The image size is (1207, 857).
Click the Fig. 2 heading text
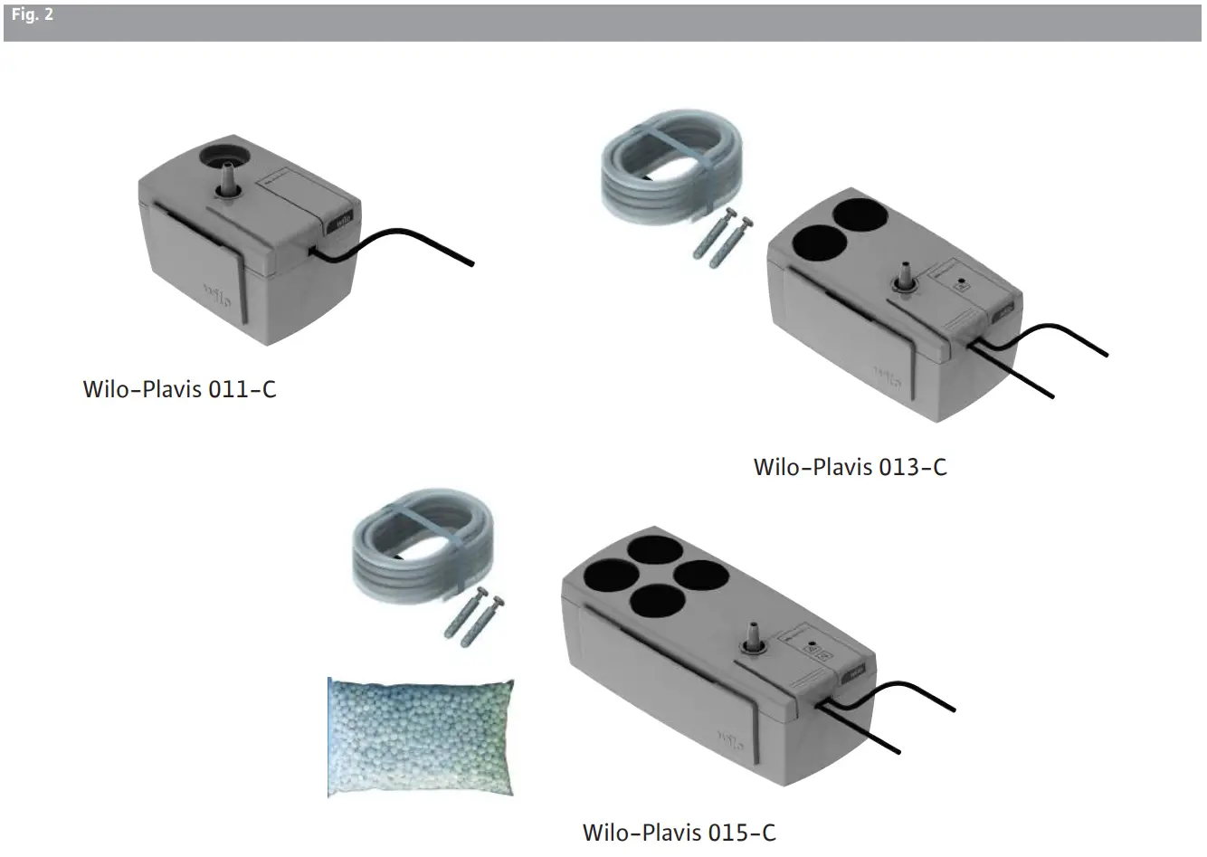pos(33,14)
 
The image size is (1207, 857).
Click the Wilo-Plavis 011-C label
pos(179,389)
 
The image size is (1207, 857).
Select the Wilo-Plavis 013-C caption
pos(850,467)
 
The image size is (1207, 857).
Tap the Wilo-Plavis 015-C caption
pos(679,833)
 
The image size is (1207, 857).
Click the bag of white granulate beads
pos(421,738)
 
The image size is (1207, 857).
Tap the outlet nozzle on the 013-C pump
pos(905,276)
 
